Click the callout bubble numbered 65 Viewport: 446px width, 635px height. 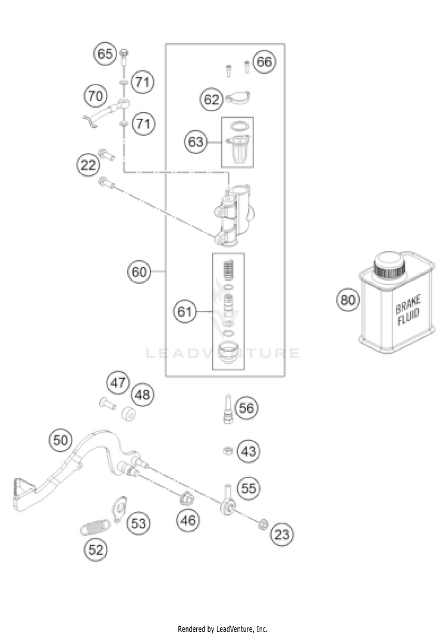tap(105, 53)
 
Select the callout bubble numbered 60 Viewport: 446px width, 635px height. tap(139, 271)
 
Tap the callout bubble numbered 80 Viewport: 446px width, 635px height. tap(347, 300)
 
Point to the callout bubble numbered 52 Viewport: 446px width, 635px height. tap(96, 549)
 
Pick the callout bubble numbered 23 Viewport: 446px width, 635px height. tap(282, 535)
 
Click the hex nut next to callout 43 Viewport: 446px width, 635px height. tap(228, 450)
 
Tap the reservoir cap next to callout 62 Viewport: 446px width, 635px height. tap(238, 98)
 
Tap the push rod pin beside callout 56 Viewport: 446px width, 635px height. tap(228, 408)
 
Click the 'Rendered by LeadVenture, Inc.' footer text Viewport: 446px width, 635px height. tap(223, 629)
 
